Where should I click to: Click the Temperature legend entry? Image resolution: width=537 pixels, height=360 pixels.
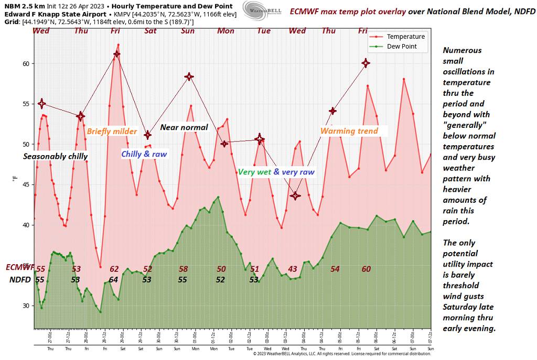[x=405, y=37]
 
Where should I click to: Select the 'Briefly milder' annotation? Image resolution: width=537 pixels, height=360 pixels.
[x=112, y=132]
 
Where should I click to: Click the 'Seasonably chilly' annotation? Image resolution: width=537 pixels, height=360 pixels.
[x=56, y=156]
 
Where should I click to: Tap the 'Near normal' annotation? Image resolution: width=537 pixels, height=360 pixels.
[x=184, y=127]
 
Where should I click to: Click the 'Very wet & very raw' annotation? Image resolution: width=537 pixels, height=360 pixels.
[x=276, y=172]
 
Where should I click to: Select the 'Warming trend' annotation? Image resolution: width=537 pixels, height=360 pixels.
[x=349, y=131]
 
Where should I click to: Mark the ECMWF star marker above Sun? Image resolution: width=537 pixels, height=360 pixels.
[x=189, y=77]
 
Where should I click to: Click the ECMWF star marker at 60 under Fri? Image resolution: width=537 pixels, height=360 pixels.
[x=366, y=63]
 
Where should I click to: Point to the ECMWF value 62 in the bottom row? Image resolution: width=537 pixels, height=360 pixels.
[x=114, y=269]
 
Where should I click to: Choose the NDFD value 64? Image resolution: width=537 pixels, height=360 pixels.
[x=113, y=279]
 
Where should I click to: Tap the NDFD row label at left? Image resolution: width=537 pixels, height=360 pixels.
[x=20, y=279]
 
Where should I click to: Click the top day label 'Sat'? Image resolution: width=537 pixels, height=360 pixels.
[x=151, y=31]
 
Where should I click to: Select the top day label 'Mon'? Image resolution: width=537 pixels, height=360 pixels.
[x=226, y=31]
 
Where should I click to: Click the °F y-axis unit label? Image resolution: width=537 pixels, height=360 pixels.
[x=15, y=179]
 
